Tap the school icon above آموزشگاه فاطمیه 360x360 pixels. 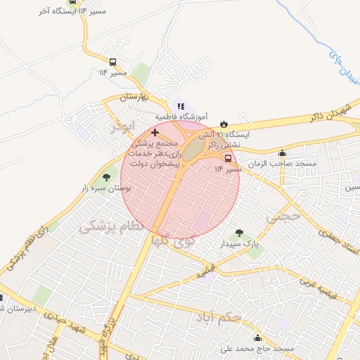[x=181, y=106]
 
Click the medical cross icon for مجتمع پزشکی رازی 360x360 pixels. [x=155, y=132]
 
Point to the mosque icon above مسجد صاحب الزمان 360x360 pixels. [x=283, y=153]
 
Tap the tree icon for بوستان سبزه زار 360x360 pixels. [x=106, y=178]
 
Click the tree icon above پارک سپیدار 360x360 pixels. [x=240, y=233]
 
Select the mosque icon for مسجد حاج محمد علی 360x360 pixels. [x=257, y=338]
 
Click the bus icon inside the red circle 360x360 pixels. [x=228, y=158]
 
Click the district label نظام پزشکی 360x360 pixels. [x=113, y=226]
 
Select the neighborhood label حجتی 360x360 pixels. [x=283, y=218]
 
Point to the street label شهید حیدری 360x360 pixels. [x=63, y=322]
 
